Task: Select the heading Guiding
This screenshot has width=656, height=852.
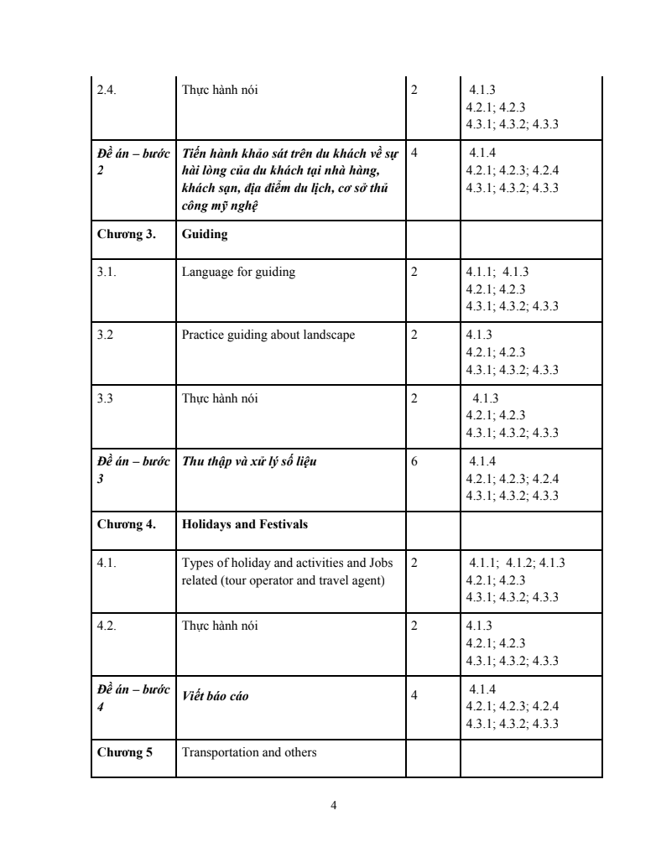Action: [205, 235]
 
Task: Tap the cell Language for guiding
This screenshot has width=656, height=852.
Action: [238, 272]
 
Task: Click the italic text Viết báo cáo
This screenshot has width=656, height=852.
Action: [215, 697]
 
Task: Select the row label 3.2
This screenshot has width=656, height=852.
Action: [105, 335]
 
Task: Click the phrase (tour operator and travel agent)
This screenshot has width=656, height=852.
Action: [283, 581]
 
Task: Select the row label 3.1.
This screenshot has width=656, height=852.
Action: [107, 272]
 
